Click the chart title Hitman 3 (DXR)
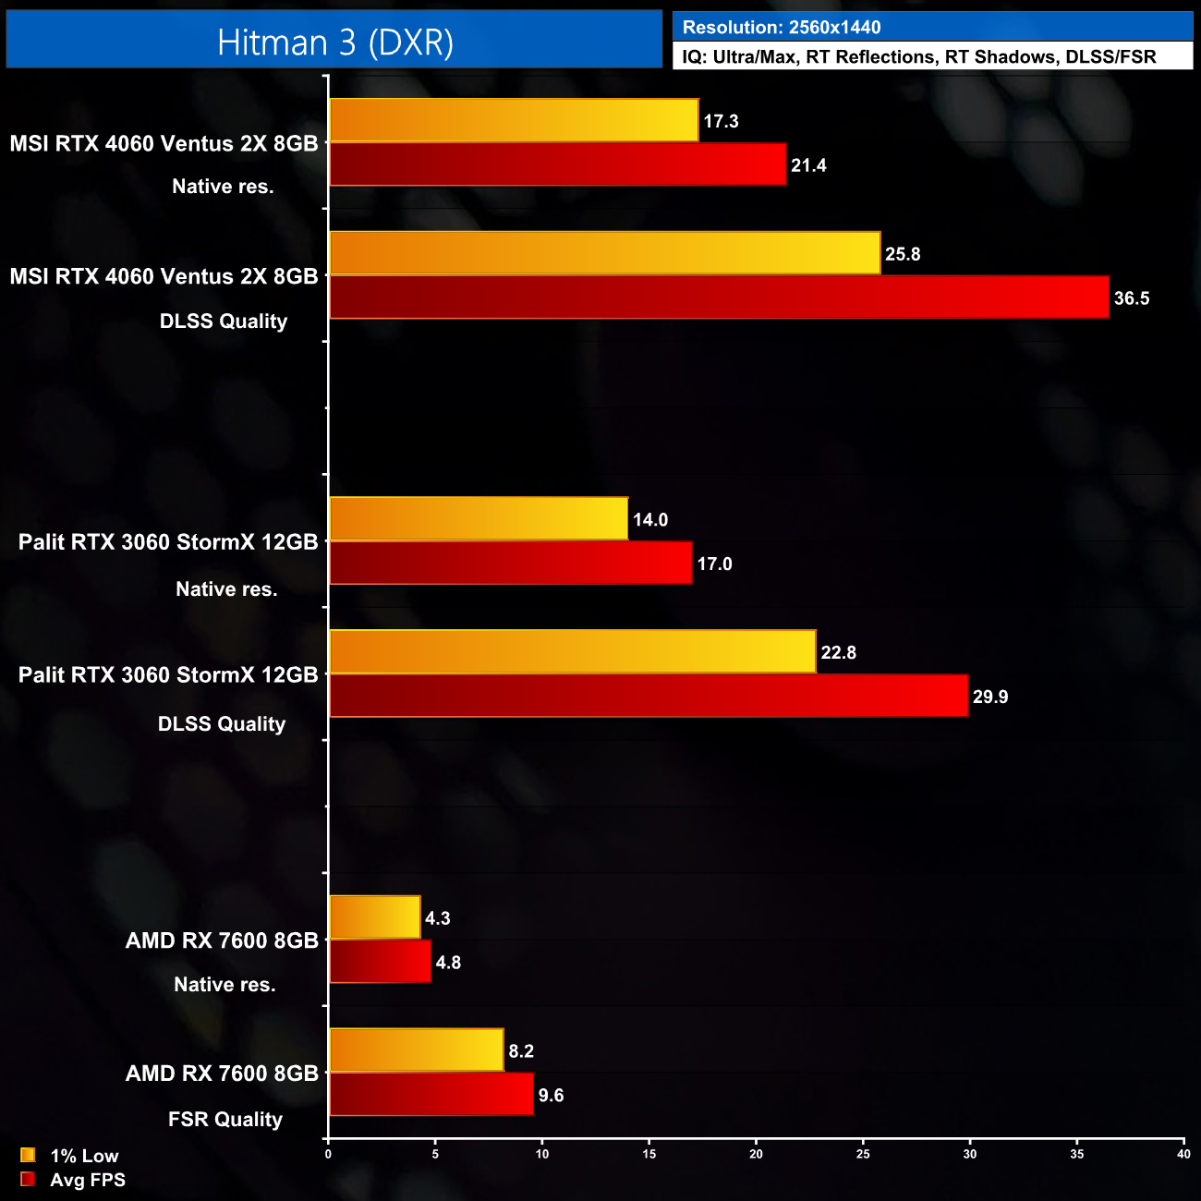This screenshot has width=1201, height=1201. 334,42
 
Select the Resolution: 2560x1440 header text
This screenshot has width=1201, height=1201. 782,28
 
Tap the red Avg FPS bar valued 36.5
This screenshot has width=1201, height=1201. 719,297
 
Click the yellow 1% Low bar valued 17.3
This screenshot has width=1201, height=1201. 514,120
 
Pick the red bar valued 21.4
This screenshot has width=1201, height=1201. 557,164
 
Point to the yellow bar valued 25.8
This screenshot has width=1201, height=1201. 605,253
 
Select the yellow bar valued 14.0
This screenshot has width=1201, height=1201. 479,518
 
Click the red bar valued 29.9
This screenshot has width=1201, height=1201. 649,696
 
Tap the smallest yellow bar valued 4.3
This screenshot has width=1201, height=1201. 375,917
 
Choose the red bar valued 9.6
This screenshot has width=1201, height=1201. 431,1094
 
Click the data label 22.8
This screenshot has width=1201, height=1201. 838,653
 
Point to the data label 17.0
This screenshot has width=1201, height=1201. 714,564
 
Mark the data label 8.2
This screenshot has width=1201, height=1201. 521,1051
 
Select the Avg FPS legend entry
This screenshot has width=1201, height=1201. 73,1180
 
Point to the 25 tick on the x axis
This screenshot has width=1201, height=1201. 863,1154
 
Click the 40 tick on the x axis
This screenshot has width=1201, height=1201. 1183,1154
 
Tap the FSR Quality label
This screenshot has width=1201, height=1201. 224,1120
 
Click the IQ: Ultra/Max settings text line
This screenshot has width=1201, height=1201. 918,57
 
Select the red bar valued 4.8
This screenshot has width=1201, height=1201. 380,962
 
